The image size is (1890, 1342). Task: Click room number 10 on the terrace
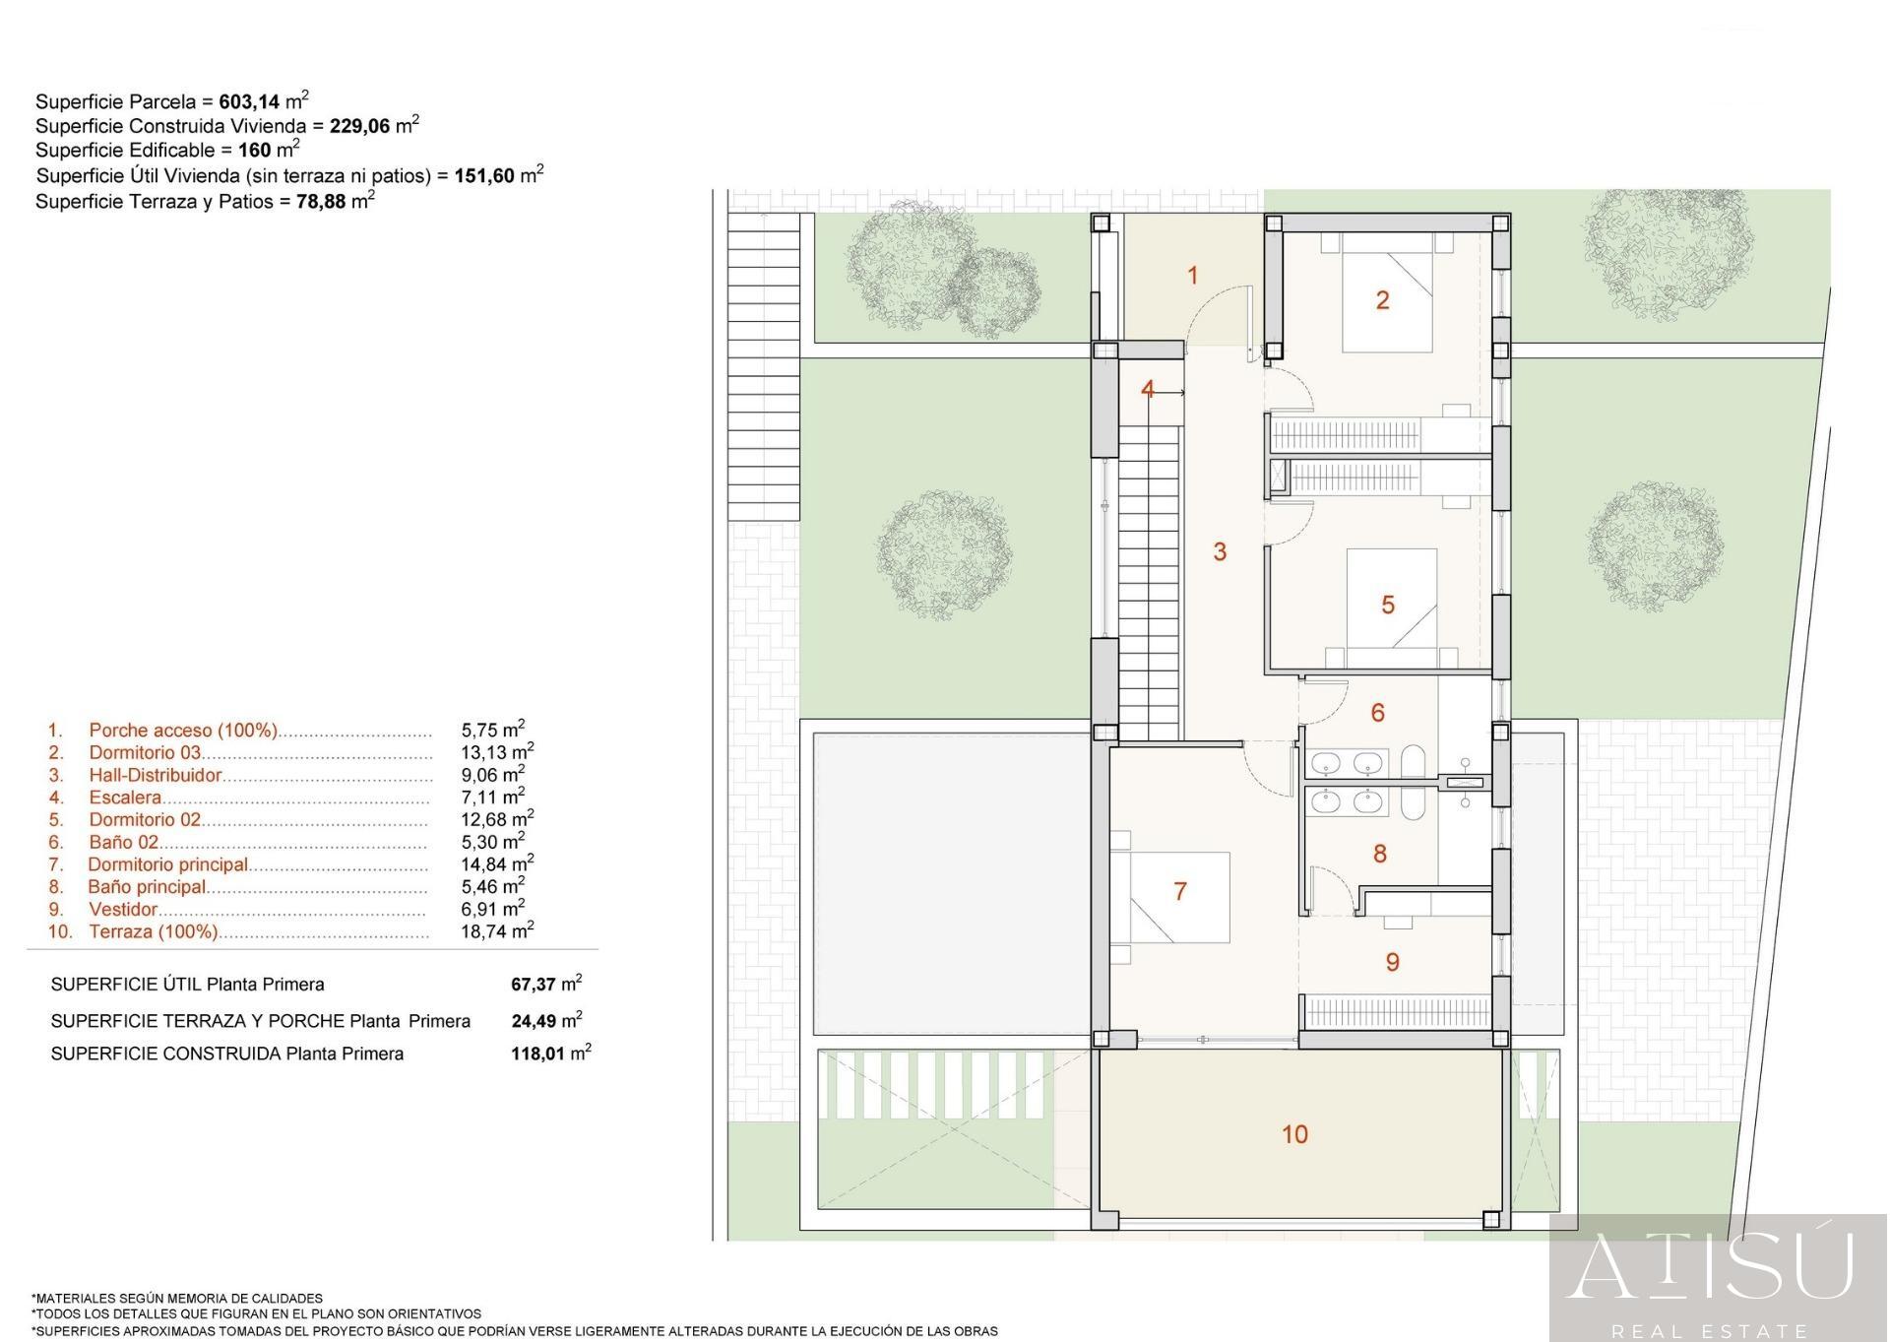pyautogui.click(x=1294, y=1134)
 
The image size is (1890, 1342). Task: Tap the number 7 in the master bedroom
pyautogui.click(x=1180, y=891)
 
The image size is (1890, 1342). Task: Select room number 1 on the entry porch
pyautogui.click(x=1193, y=276)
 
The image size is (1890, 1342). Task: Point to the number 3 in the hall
pyautogui.click(x=1220, y=551)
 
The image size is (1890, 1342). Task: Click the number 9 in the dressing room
pyautogui.click(x=1392, y=962)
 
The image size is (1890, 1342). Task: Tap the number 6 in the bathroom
pyautogui.click(x=1378, y=712)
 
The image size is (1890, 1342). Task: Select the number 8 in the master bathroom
pyautogui.click(x=1379, y=854)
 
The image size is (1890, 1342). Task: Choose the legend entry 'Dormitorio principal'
pyautogui.click(x=168, y=864)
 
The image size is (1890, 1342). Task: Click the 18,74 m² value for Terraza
pyautogui.click(x=497, y=929)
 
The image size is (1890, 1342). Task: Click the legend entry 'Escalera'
pyautogui.click(x=125, y=798)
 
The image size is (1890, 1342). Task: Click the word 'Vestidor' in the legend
pyautogui.click(x=123, y=909)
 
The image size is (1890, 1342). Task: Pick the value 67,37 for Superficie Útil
pyautogui.click(x=534, y=984)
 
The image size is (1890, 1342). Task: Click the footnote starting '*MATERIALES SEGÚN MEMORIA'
pyautogui.click(x=177, y=1298)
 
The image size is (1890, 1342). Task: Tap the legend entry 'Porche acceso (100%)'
pyautogui.click(x=183, y=730)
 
